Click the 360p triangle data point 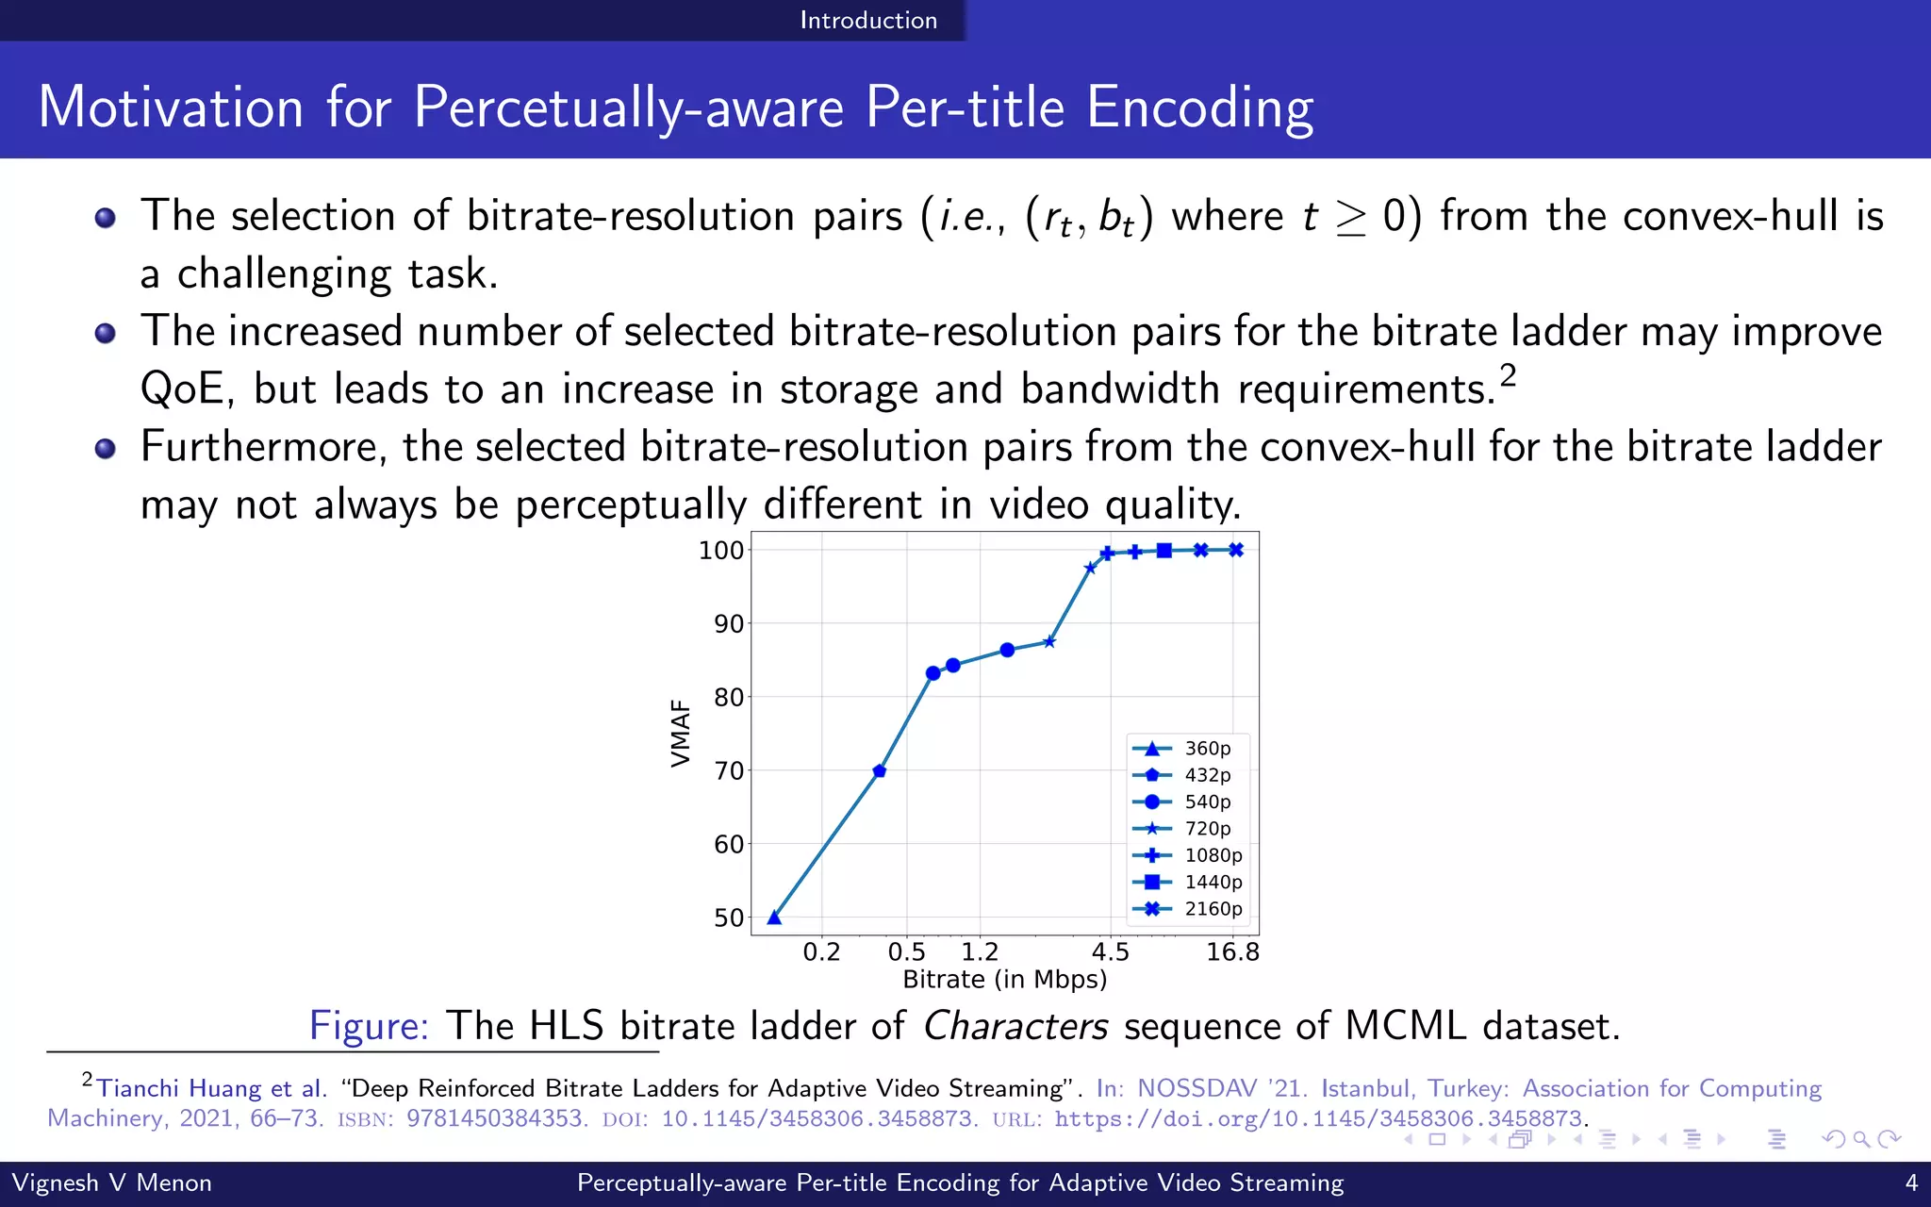(774, 918)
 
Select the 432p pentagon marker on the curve (879, 771)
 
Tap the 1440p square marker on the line (1164, 551)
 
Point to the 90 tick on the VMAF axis (729, 624)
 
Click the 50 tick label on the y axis (729, 918)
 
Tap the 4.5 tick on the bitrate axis (1111, 951)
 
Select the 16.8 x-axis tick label (1233, 951)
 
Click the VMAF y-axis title (681, 733)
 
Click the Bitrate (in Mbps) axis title (1005, 980)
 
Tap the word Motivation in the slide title (171, 107)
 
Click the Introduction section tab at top (868, 20)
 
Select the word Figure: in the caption (369, 1026)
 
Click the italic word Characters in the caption (1015, 1026)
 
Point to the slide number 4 (1911, 1182)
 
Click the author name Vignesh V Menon (111, 1182)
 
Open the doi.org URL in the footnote (1317, 1119)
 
